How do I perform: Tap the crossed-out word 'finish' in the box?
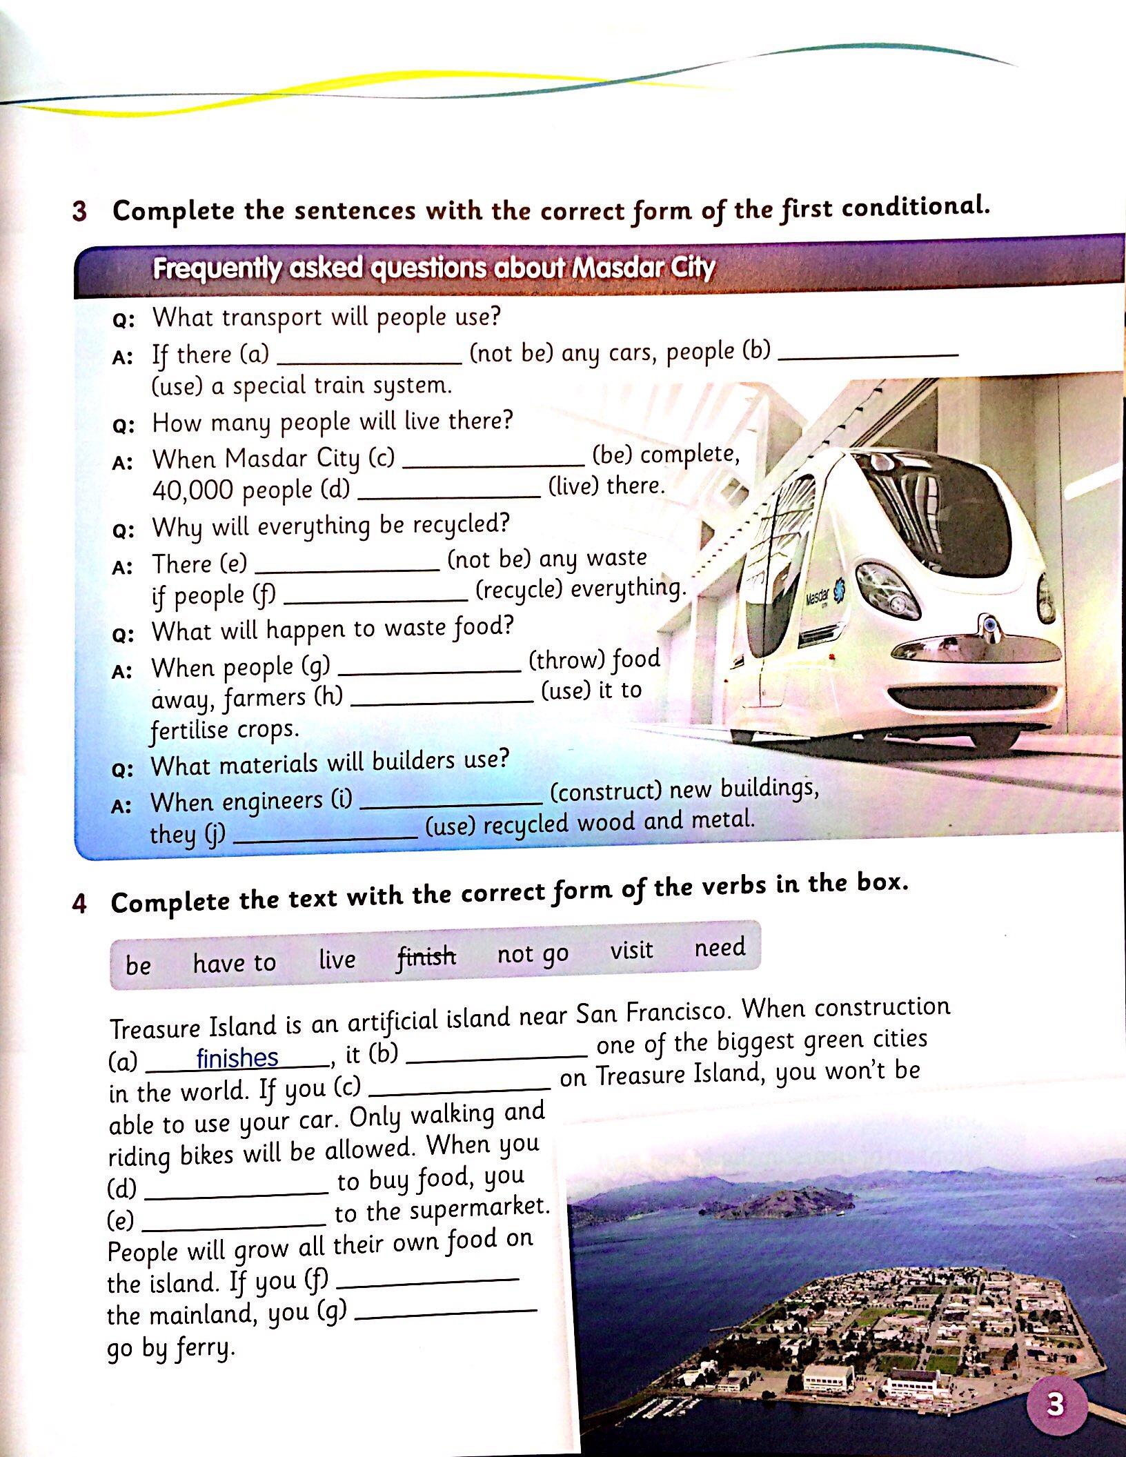point(426,957)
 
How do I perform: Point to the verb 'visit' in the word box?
point(631,951)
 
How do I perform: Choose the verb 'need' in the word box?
point(720,947)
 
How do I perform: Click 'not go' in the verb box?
point(533,954)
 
